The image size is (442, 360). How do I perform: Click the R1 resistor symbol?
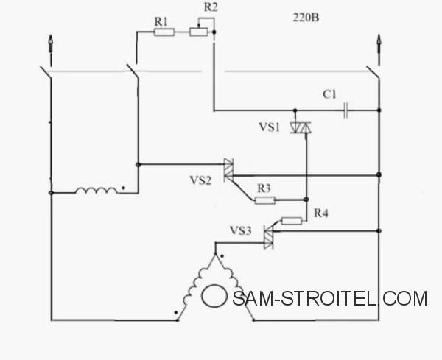pos(164,32)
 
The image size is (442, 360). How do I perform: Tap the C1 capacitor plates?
pos(346,110)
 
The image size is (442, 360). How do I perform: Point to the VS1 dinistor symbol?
pos(301,127)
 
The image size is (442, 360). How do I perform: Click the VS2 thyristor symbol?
pos(228,170)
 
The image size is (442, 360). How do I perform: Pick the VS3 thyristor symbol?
pos(268,237)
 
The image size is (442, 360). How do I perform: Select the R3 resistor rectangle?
pos(265,200)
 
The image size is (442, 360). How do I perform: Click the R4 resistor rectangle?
pos(292,221)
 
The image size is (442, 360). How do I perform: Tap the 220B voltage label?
pos(306,18)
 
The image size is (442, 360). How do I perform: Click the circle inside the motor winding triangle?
pos(214,296)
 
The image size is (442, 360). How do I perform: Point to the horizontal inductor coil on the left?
pos(97,191)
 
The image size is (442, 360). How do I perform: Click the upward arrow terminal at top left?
pos(50,50)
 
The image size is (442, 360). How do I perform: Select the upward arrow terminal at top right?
pos(379,50)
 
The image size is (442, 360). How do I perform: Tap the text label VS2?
pos(200,180)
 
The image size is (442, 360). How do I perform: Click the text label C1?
pos(329,94)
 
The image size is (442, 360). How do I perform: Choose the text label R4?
pos(321,213)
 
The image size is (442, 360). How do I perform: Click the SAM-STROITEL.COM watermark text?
pos(330,298)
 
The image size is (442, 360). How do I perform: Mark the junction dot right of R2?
pos(214,32)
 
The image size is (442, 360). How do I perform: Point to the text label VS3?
pos(240,230)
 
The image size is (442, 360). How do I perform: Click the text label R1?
pos(161,21)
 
